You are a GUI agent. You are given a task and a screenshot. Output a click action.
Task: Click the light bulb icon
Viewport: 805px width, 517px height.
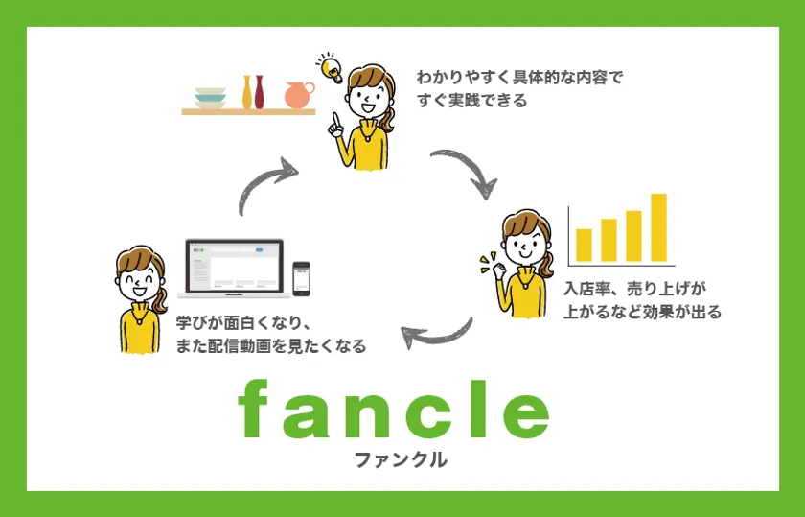pyautogui.click(x=330, y=67)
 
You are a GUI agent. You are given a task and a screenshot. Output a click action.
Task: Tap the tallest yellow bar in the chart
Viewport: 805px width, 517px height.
pyautogui.click(x=658, y=227)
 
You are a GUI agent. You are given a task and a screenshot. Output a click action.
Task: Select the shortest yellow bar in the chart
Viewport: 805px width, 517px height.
pyautogui.click(x=585, y=246)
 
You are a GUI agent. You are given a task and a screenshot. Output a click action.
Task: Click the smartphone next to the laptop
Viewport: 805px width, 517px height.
pyautogui.click(x=301, y=279)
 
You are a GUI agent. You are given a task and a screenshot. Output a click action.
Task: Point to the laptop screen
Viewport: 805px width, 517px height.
pyautogui.click(x=234, y=266)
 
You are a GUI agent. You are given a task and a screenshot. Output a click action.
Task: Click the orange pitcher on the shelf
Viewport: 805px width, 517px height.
pyautogui.click(x=299, y=95)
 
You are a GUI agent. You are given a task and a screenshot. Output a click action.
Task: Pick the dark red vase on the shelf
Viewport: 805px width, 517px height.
pyautogui.click(x=260, y=92)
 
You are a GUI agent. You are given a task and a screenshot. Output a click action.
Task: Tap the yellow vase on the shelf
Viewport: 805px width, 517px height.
pyautogui.click(x=247, y=92)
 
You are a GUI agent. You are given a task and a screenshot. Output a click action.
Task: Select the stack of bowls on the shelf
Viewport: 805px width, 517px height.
pyautogui.click(x=211, y=98)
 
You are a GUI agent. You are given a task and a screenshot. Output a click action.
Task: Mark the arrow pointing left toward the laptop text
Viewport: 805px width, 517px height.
pyautogui.click(x=441, y=337)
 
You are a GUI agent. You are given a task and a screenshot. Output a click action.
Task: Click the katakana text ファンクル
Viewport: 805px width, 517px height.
pyautogui.click(x=401, y=459)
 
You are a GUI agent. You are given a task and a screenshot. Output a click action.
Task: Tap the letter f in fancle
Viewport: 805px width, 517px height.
pyautogui.click(x=254, y=409)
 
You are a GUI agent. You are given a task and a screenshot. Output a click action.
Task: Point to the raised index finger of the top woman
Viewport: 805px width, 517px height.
pyautogui.click(x=335, y=121)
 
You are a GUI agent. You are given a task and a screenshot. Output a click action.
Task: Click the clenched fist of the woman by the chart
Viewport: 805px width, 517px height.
pyautogui.click(x=499, y=270)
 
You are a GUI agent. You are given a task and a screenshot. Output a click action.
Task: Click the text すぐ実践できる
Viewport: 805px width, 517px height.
pyautogui.click(x=472, y=100)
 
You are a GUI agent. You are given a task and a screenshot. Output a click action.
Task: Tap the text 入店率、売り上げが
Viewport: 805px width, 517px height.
pyautogui.click(x=634, y=289)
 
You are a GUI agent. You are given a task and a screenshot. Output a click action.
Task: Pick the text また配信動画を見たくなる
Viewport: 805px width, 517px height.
pyautogui.click(x=271, y=346)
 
